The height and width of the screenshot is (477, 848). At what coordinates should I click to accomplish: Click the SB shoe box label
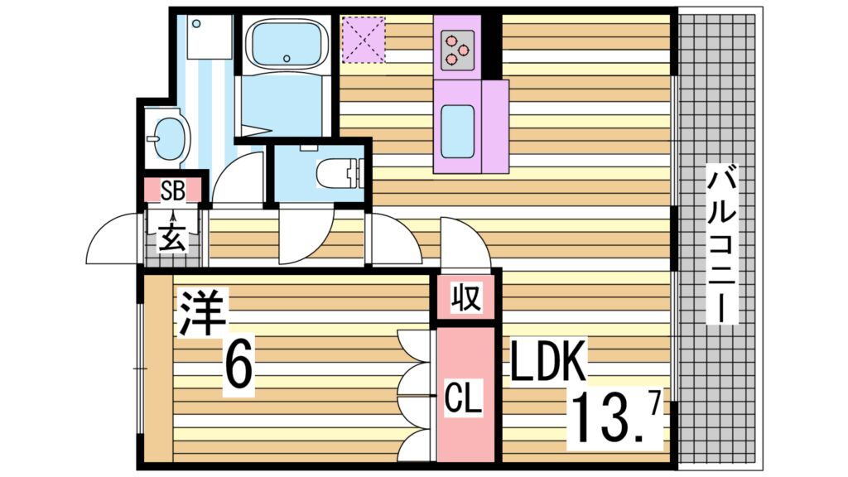pos(172,190)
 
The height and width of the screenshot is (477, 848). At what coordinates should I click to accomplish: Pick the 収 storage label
pos(465,296)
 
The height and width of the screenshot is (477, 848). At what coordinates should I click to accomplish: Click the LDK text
pos(548,361)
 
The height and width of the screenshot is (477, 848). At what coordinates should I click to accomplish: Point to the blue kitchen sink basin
pos(457,130)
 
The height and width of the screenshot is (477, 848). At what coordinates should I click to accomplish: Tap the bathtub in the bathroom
pos(286,46)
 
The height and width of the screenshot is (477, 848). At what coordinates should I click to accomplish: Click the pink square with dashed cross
pos(363,38)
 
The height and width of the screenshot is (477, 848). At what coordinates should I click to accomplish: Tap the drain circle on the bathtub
pos(287,58)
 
